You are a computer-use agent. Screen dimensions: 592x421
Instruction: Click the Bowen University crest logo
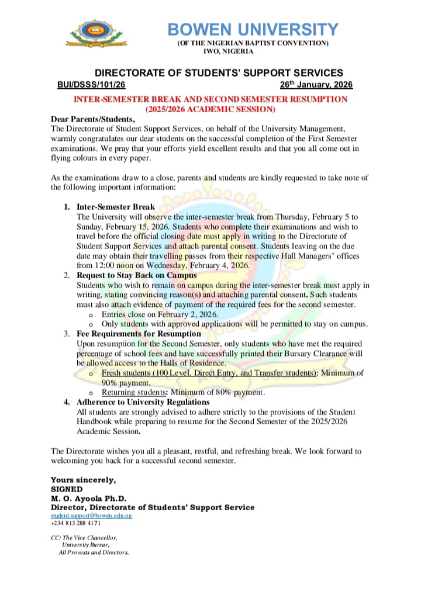pos(95,36)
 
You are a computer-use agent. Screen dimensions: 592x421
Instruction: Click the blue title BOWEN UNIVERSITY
pos(253,29)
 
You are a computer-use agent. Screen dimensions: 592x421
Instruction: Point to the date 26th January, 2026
pos(316,85)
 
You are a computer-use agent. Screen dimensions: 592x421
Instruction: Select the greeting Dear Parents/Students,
pos(93,119)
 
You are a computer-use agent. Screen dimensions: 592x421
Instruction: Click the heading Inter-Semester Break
pos(116,207)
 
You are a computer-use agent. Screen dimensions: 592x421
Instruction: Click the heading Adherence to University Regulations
pos(143,402)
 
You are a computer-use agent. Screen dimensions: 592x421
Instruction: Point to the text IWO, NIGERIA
pos(228,51)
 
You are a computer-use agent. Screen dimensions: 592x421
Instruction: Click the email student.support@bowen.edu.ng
pos(91,515)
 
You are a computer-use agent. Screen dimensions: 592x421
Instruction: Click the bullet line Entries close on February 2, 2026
pos(160,314)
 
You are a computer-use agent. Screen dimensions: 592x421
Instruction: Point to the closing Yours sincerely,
pos(84,480)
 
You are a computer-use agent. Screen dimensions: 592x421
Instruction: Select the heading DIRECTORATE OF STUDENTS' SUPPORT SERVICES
pos(219,73)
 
